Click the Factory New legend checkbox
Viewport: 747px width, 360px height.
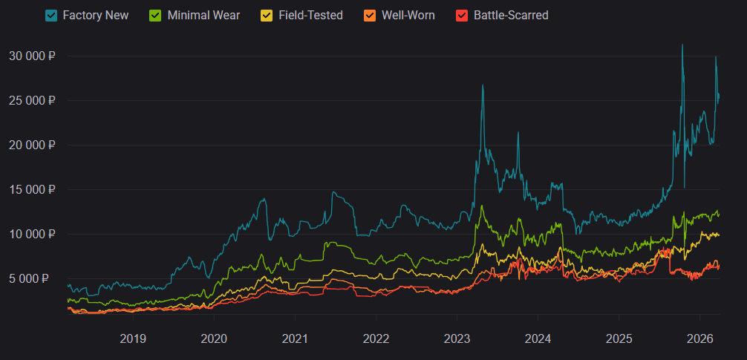point(52,15)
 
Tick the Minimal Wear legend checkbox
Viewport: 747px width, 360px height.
point(157,15)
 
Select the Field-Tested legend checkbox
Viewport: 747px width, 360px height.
point(267,15)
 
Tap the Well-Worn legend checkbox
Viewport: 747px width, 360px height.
point(371,15)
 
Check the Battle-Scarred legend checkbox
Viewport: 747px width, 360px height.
point(463,15)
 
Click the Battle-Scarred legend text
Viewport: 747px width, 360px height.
point(511,15)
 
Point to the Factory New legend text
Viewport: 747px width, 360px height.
point(96,15)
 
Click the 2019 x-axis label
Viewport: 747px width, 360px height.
point(133,338)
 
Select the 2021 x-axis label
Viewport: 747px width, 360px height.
point(295,338)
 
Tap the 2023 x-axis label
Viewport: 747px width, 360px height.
point(457,338)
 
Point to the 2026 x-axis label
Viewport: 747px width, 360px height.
point(700,338)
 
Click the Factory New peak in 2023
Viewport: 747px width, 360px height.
point(483,85)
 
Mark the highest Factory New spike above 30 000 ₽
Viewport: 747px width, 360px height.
point(682,45)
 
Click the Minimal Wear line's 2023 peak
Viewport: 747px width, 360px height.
point(483,206)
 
